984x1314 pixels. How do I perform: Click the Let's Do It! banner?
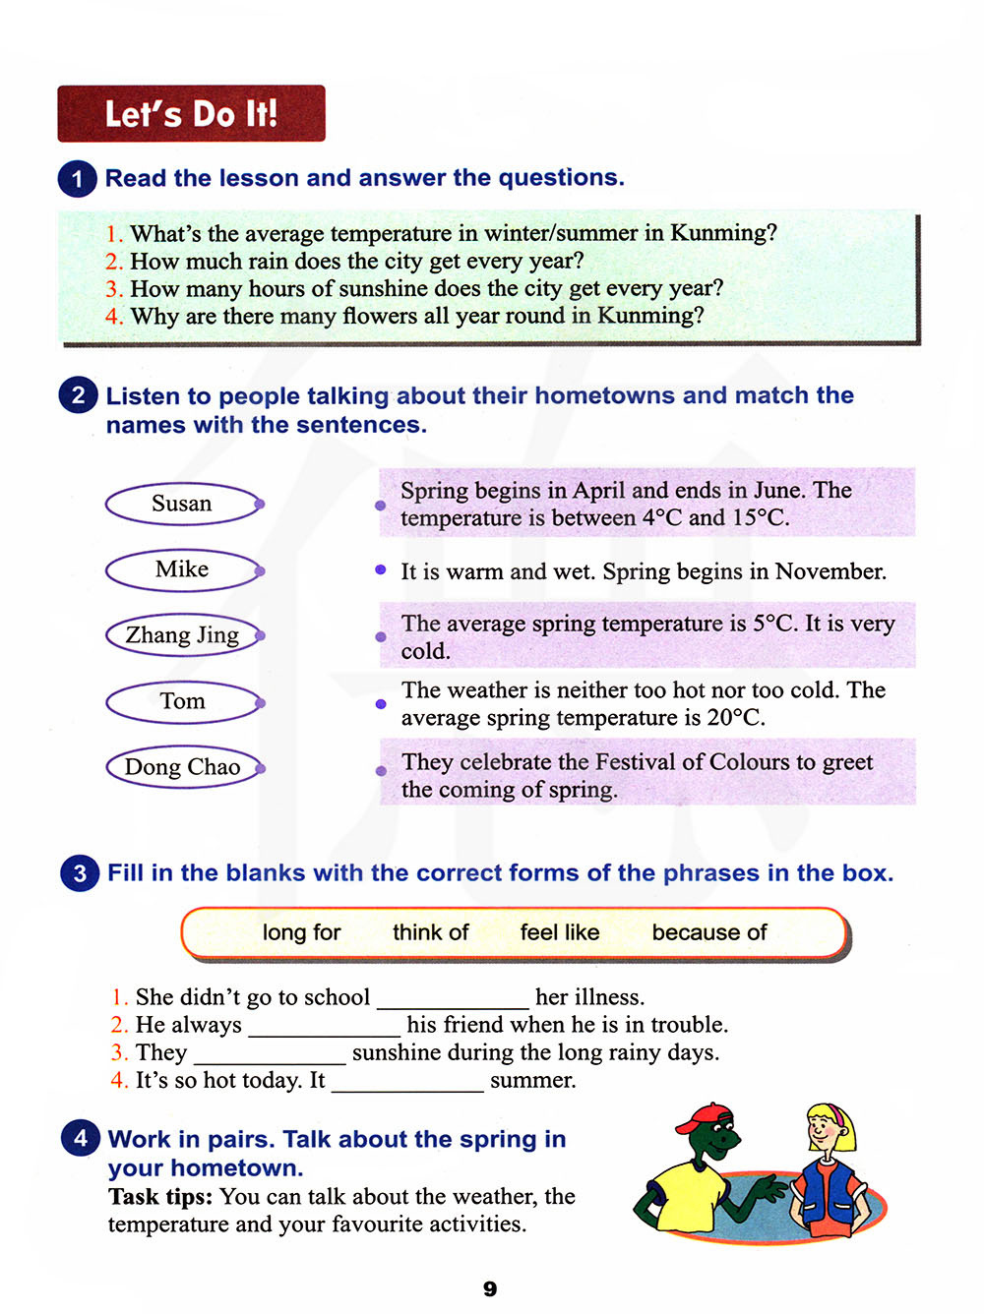click(x=191, y=113)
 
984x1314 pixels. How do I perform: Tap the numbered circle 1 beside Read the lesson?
click(x=78, y=179)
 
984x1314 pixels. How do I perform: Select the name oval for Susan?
click(x=183, y=504)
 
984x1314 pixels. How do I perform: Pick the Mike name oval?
click(x=183, y=569)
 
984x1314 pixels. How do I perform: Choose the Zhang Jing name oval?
click(x=183, y=635)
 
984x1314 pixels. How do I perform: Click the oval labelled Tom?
click(x=183, y=701)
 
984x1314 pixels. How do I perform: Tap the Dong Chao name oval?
click(x=183, y=767)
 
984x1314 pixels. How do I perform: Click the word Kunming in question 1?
click(x=722, y=233)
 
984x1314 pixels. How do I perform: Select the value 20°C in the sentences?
click(x=734, y=717)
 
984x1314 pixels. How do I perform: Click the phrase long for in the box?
click(x=301, y=932)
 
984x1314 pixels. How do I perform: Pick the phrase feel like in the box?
click(x=560, y=932)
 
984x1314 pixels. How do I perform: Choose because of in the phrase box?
click(x=708, y=932)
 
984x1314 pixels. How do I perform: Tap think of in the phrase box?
click(x=430, y=932)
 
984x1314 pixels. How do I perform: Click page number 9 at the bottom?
click(x=490, y=1288)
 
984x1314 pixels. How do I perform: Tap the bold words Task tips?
click(x=160, y=1197)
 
